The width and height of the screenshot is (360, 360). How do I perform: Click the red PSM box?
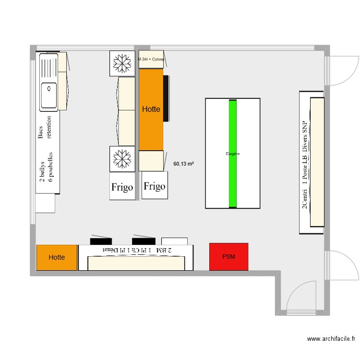pyautogui.click(x=228, y=256)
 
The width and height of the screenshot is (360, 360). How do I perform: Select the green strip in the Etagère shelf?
pyautogui.click(x=233, y=154)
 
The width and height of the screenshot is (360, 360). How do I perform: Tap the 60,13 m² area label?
pyautogui.click(x=183, y=164)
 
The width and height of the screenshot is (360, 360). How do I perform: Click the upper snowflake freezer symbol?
pyautogui.click(x=122, y=63)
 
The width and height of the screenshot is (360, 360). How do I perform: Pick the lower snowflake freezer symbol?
pyautogui.click(x=122, y=158)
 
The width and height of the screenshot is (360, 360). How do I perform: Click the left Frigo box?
pyautogui.click(x=122, y=187)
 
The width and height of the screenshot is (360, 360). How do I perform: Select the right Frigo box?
pyautogui.click(x=155, y=186)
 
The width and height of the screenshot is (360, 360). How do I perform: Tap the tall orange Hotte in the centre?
pyautogui.click(x=151, y=109)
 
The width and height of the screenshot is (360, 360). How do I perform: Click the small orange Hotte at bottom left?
pyautogui.click(x=57, y=257)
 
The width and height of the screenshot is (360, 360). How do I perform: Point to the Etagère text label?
pyautogui.click(x=233, y=154)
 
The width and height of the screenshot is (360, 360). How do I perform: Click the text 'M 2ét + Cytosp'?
pyautogui.click(x=151, y=59)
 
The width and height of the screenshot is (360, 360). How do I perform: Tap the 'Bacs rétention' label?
pyautogui.click(x=45, y=127)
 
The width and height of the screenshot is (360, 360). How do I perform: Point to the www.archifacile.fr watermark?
pyautogui.click(x=332, y=339)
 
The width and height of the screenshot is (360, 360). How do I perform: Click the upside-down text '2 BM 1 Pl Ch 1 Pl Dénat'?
pyautogui.click(x=136, y=250)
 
